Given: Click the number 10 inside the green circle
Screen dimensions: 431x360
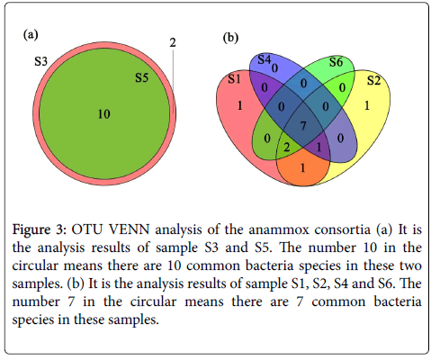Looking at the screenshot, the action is click(104, 114).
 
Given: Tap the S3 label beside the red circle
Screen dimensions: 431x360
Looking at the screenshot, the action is click(40, 61).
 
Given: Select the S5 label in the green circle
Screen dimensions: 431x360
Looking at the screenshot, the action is click(141, 77).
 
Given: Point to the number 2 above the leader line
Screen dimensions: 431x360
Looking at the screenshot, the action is click(173, 43).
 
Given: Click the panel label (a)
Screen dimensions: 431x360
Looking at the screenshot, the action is click(31, 35).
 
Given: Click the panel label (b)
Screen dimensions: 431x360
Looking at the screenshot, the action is click(230, 38).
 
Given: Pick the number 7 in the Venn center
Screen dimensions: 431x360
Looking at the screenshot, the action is click(303, 126).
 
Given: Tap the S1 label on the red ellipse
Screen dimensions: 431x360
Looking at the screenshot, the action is click(234, 79).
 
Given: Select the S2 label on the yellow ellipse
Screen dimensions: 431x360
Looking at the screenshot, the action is click(374, 80).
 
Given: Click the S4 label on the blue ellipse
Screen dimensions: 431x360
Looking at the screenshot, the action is click(265, 59).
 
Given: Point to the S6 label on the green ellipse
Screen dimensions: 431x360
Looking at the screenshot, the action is click(336, 62).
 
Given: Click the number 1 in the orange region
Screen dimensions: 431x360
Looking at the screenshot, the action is click(303, 168).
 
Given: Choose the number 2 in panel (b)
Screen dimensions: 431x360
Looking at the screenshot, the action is click(287, 148).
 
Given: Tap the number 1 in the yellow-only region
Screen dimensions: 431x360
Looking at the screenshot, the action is click(367, 105).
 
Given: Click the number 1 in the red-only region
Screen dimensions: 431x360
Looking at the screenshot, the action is click(239, 105).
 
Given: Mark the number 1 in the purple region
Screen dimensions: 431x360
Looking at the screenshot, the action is click(319, 148).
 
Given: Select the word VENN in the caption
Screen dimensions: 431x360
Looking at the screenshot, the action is click(130, 229).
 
